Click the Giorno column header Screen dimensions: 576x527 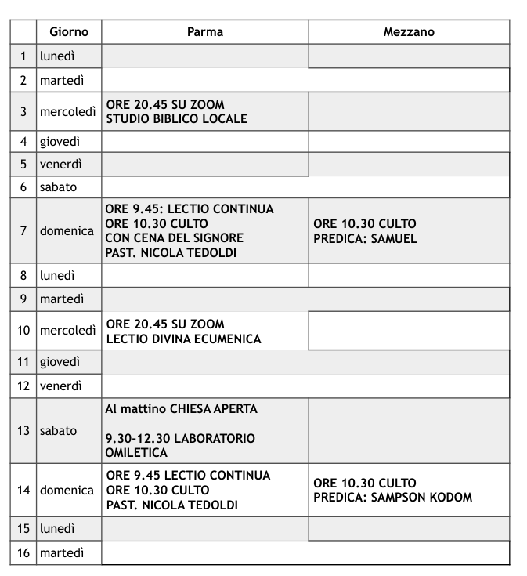point(69,32)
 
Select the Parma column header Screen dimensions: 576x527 point(204,32)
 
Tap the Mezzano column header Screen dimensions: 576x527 point(409,32)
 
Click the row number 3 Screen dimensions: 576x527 point(23,111)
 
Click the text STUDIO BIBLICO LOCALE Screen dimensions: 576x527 point(177,119)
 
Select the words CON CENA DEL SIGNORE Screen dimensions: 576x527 point(175,238)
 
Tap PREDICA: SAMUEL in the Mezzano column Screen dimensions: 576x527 point(365,238)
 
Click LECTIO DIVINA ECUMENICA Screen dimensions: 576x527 point(184,339)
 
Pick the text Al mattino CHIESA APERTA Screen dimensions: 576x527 point(182,409)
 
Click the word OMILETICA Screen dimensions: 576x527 point(136,453)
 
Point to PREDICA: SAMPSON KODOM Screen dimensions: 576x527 point(393,498)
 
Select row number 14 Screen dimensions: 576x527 point(23,491)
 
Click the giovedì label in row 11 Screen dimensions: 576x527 point(61,362)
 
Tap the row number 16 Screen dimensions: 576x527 point(23,553)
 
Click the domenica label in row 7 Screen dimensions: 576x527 point(67,231)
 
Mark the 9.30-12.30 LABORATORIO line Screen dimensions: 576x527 point(180,439)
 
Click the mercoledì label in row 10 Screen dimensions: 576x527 point(69,331)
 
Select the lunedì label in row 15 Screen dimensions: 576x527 point(58,529)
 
